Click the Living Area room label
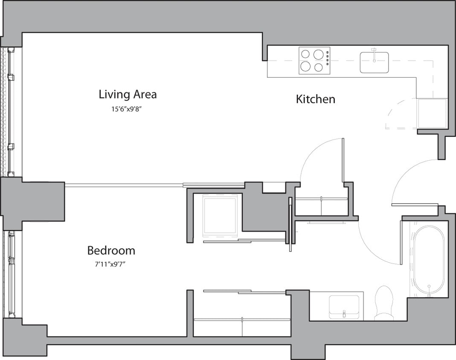[x=128, y=94]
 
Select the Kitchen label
[x=315, y=99]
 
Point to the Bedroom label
[x=111, y=250]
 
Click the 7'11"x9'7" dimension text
[x=111, y=264]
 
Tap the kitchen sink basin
[x=374, y=63]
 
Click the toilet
[x=384, y=302]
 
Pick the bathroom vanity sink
[x=344, y=306]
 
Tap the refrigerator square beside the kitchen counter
[x=432, y=113]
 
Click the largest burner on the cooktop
[x=318, y=55]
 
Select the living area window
[x=10, y=112]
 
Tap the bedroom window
[x=10, y=274]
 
